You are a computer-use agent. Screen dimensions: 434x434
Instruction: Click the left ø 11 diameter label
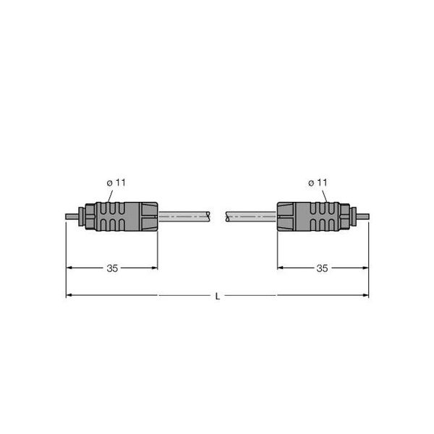[116, 183]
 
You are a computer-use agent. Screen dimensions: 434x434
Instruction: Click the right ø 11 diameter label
[318, 183]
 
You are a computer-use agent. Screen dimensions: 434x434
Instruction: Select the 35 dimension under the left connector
[112, 268]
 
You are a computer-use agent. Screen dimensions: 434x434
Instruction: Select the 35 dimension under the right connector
[322, 268]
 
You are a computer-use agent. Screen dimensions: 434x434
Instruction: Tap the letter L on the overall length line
[218, 297]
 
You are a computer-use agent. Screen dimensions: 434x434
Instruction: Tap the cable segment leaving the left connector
[184, 216]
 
